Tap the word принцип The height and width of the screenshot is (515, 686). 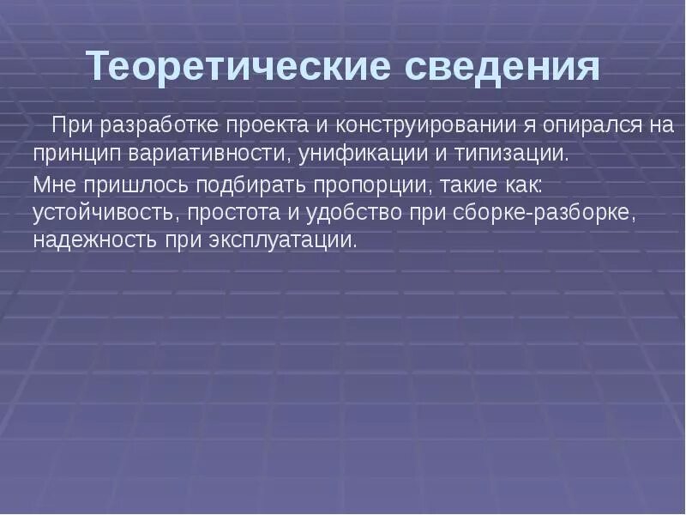[76, 154]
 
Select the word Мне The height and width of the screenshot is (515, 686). [53, 184]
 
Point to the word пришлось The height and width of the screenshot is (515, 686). [124, 184]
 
